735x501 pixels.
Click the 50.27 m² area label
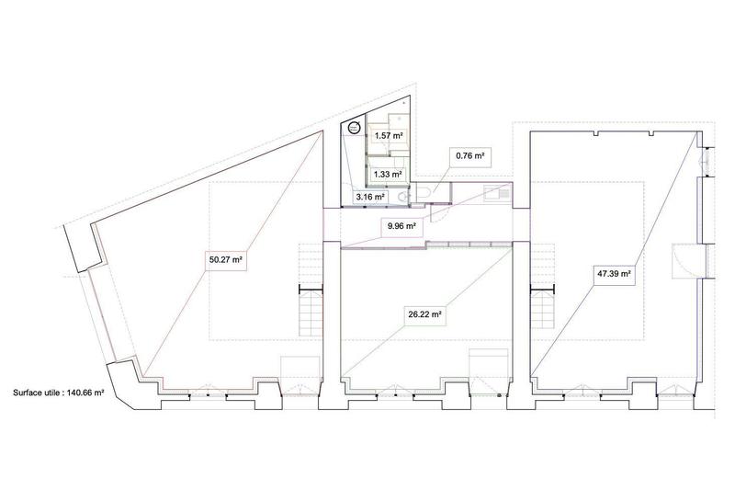coord(225,260)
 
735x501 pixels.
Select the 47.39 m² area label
coord(616,273)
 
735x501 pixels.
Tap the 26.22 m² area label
coord(425,313)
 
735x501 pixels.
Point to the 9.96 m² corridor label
coord(398,225)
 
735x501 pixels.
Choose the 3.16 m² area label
coord(370,197)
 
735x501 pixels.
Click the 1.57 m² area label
coord(390,135)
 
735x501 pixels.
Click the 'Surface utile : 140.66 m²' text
coord(58,392)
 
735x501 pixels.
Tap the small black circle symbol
coord(354,129)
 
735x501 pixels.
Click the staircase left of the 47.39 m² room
coord(542,313)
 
